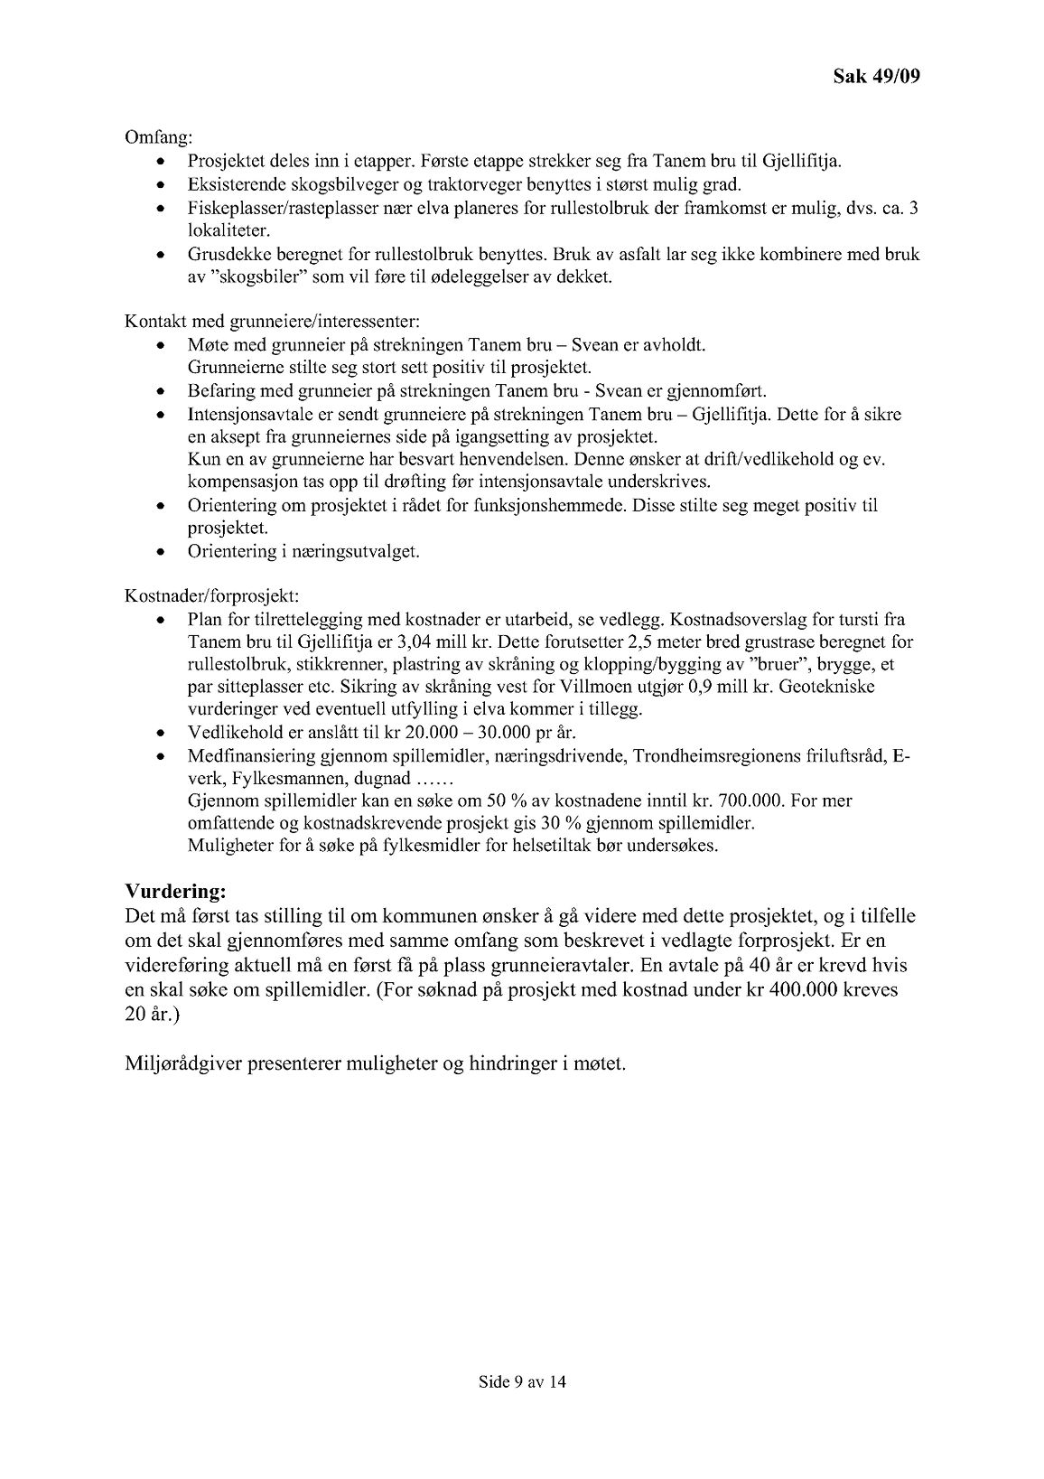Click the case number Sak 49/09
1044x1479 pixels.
(x=875, y=77)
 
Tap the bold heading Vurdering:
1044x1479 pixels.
(x=175, y=891)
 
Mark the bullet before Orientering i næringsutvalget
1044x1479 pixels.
(x=161, y=551)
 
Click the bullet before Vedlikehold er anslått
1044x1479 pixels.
(x=161, y=733)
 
